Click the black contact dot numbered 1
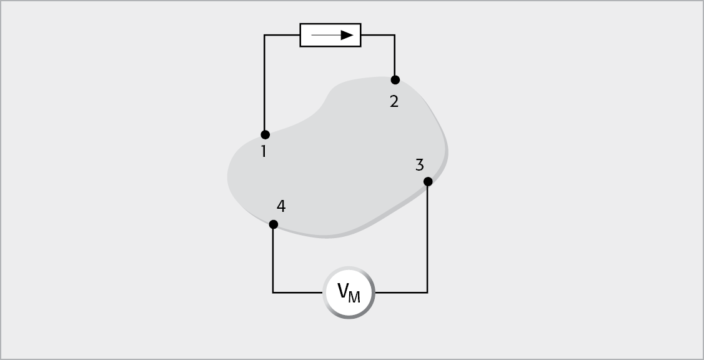point(265,134)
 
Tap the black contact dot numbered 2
point(395,80)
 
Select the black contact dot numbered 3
point(428,182)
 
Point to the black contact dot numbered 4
point(273,224)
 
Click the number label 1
point(264,151)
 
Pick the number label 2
point(394,101)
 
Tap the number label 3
point(419,165)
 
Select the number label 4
point(281,206)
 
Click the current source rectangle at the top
point(330,35)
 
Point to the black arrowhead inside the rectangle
point(347,35)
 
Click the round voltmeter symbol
point(349,292)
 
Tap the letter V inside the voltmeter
point(343,290)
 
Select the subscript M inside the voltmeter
point(354,297)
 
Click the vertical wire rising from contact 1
point(265,84)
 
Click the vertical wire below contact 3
point(427,237)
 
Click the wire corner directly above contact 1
point(265,35)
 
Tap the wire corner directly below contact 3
point(427,292)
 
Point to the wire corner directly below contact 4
point(273,292)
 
